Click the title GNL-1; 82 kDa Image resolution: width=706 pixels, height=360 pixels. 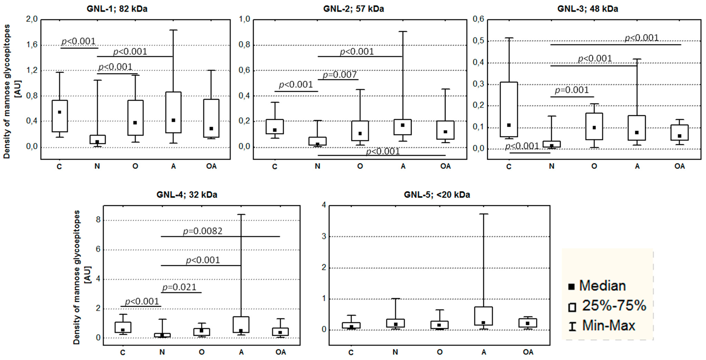(x=117, y=9)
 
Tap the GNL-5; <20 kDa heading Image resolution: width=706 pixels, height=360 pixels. (x=437, y=195)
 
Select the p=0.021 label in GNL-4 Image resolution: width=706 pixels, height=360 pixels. (x=180, y=287)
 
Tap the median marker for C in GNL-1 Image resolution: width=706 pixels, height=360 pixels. (x=59, y=112)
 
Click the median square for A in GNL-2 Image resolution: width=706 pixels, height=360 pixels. (x=403, y=125)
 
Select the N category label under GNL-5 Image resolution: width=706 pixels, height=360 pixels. (x=395, y=352)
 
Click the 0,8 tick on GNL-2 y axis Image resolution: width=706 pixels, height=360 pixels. (x=245, y=45)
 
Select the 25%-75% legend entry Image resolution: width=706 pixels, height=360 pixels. (x=614, y=305)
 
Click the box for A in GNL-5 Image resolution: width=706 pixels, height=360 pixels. (x=484, y=316)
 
